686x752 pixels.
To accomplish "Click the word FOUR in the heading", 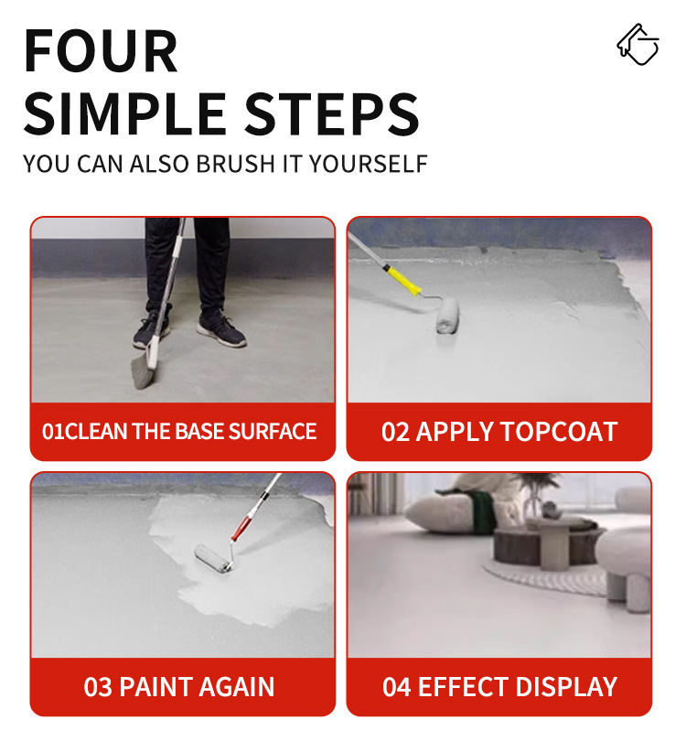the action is pos(101,51).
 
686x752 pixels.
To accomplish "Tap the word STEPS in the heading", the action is pos(332,114).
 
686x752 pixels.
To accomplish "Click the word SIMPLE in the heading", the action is pos(125,114).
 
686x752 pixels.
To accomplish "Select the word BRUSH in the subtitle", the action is pos(235,164).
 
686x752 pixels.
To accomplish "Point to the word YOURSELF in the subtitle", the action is pos(369,164).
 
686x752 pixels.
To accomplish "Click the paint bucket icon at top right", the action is pos(638,44).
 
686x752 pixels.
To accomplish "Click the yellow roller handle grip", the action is pos(402,281).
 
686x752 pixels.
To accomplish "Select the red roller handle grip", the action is pos(241,528).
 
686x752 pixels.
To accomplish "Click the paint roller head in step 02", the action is pos(448,315).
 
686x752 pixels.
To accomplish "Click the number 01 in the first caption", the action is pos(53,432).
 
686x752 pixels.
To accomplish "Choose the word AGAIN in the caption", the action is pos(236,687).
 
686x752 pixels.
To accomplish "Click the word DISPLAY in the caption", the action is pos(566,687).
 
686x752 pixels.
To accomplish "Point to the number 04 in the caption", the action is pos(396,687).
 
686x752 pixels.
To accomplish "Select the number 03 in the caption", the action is pos(98,687).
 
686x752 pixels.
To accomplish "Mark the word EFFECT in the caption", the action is pos(463,687).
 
